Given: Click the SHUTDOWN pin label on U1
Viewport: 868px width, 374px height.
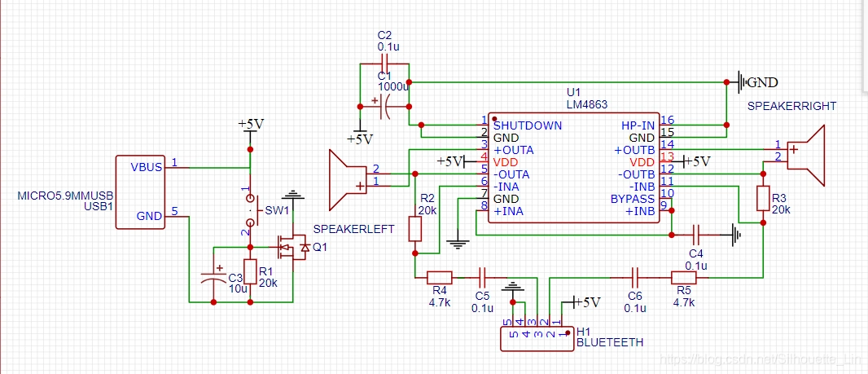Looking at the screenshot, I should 528,125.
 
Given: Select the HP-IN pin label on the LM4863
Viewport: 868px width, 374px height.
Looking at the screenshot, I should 638,125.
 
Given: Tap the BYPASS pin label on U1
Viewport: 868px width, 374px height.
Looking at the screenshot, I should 633,199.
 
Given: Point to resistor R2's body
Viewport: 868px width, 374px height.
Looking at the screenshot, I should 414,228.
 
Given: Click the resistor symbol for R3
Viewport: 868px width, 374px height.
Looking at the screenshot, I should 763,198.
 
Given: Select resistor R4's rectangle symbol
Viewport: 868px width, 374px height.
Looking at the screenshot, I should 439,277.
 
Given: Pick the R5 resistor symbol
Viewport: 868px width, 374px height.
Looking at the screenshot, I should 683,277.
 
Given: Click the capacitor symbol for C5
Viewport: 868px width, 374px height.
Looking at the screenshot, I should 482,277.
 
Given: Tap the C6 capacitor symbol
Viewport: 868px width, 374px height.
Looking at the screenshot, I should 635,277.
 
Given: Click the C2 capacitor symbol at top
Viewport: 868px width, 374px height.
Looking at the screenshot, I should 385,64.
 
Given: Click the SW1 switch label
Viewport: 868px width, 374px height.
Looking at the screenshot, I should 278,211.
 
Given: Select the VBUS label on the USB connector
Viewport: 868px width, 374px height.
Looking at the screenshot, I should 146,167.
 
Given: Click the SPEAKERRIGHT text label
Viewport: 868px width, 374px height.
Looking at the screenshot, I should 791,107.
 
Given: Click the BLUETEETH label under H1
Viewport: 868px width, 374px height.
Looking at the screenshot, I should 609,343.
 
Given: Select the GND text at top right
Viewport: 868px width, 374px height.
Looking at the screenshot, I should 762,82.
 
